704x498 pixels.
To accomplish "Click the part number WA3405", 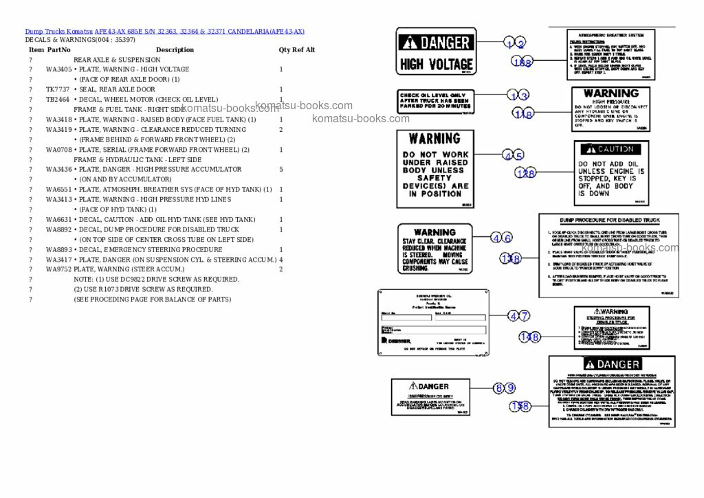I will click(58, 69).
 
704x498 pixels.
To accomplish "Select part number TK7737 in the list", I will click(58, 89).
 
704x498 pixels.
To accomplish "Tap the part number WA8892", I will click(58, 229).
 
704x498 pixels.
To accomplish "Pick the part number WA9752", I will click(58, 269).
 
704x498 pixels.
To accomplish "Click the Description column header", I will click(175, 49).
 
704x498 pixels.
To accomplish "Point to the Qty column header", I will click(284, 49).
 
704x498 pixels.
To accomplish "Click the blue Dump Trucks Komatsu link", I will click(59, 32).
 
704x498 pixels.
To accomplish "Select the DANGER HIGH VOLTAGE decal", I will click(437, 52).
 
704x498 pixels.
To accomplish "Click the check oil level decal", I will click(435, 102).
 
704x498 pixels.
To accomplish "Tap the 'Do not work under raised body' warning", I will click(435, 168).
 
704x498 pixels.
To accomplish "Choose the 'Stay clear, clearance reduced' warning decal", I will click(435, 248).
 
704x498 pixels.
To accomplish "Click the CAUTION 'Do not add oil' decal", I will click(611, 173).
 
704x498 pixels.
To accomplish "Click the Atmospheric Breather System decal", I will click(610, 55).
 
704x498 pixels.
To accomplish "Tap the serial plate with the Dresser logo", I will click(432, 322).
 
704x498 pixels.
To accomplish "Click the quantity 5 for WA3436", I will click(281, 169).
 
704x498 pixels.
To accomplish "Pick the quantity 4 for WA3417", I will click(281, 260).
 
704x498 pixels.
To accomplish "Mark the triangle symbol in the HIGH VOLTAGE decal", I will click(411, 43).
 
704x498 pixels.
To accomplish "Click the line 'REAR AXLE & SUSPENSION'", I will click(117, 60).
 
